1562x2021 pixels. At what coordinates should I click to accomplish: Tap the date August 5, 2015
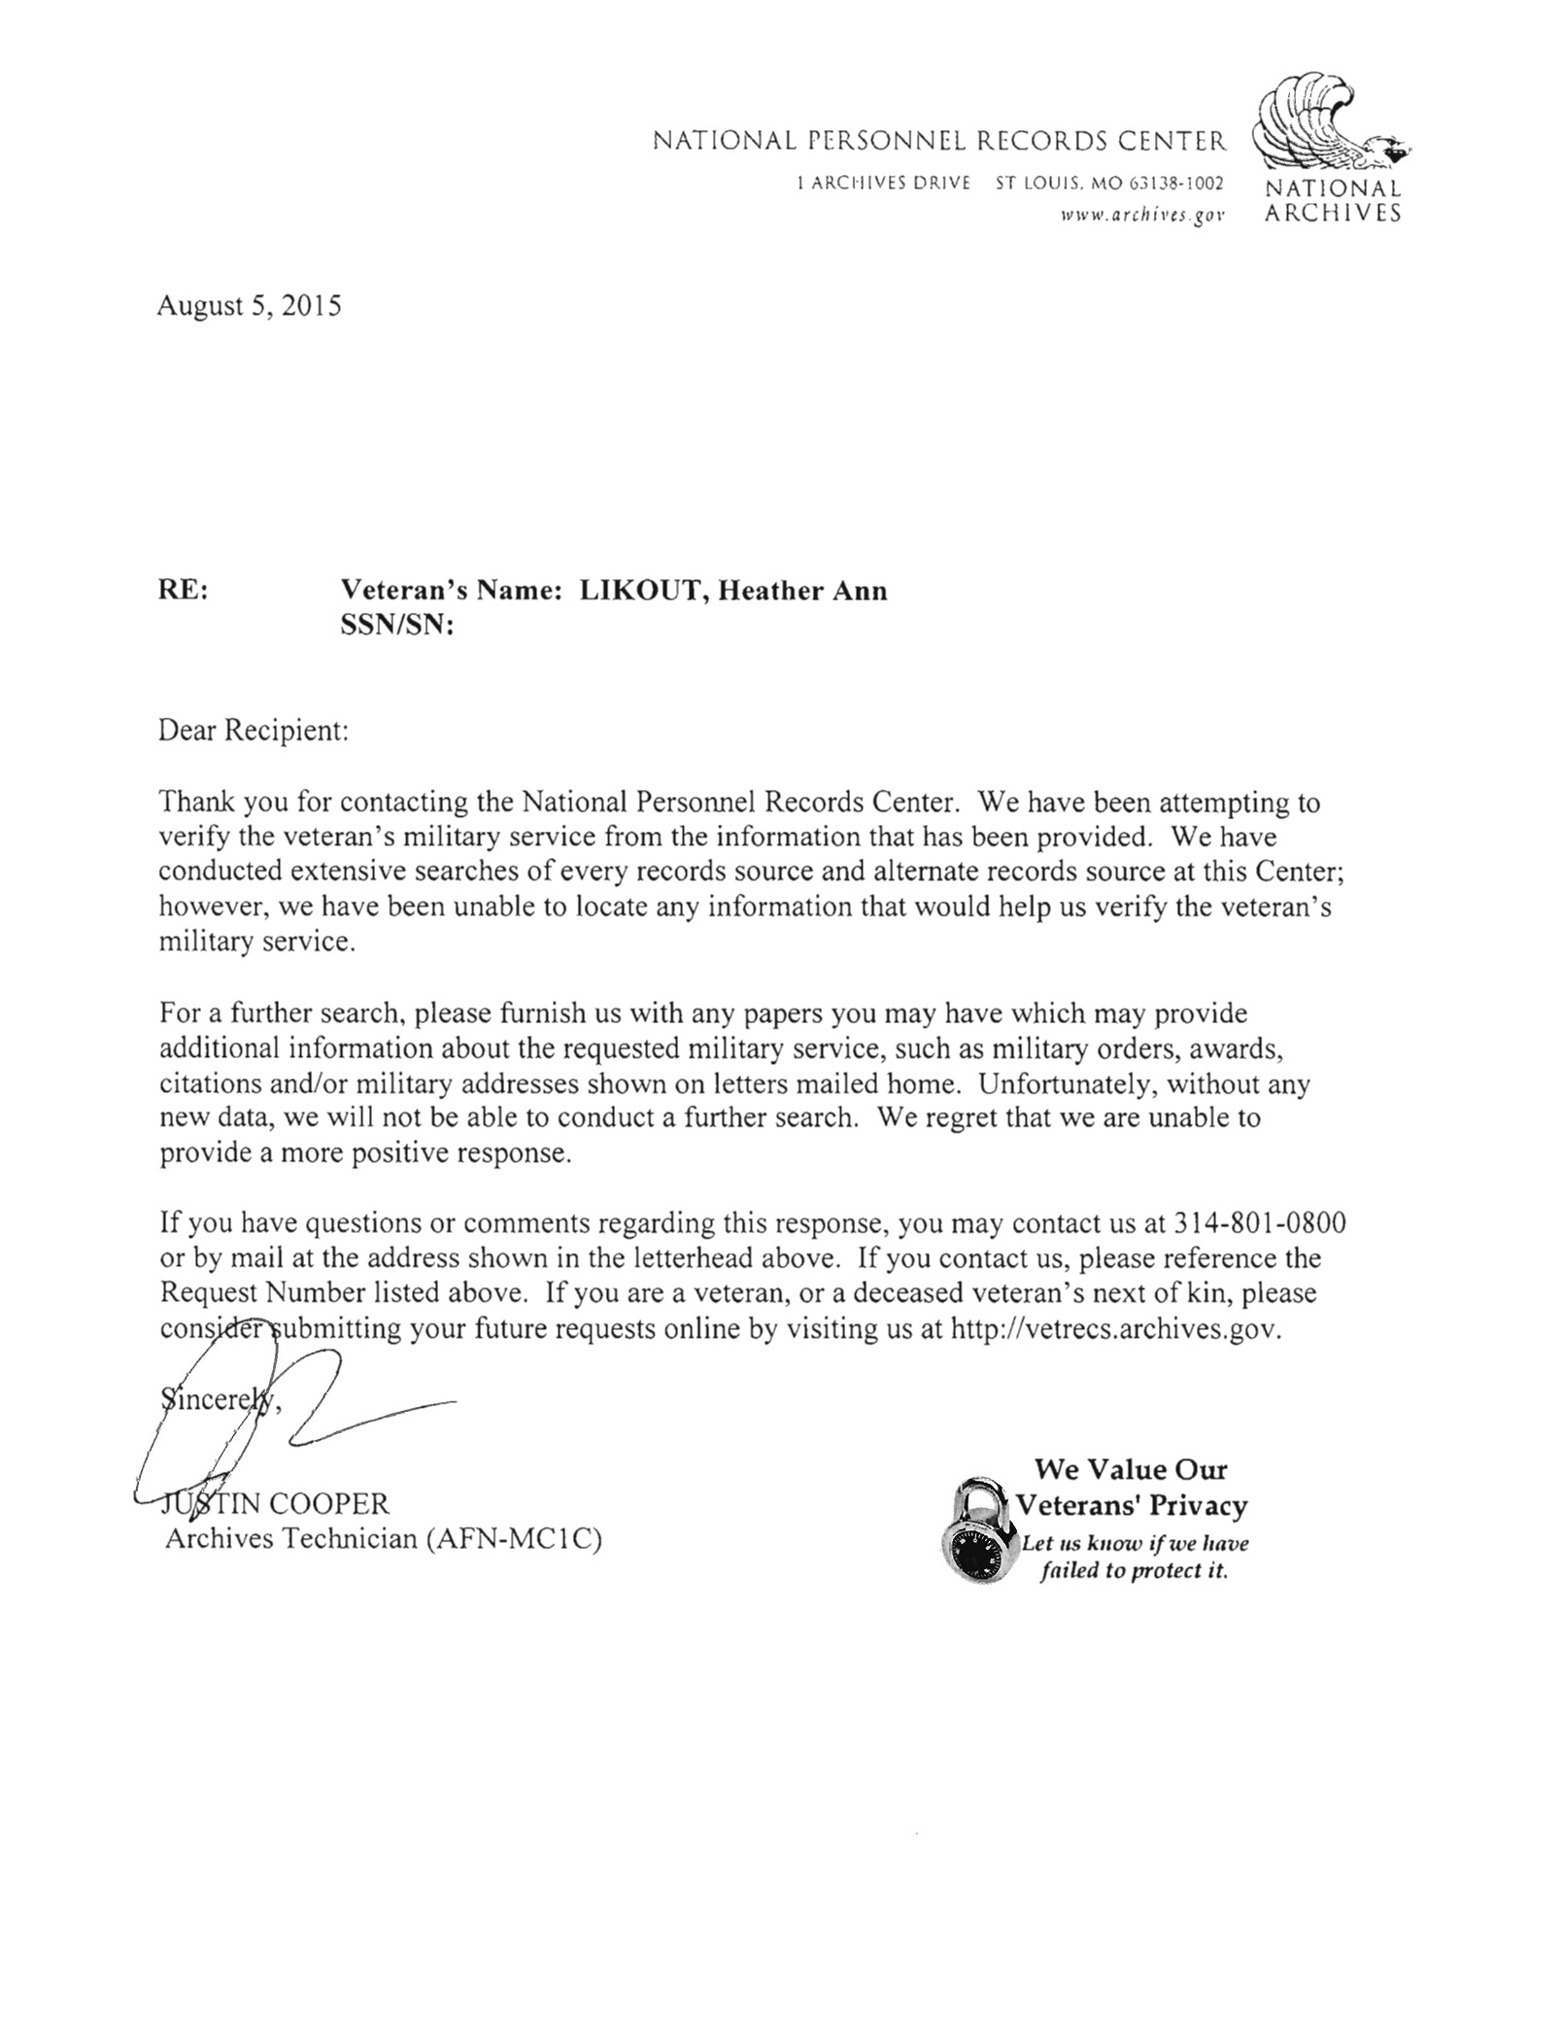click(250, 307)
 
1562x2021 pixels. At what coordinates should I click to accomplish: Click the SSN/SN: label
click(397, 627)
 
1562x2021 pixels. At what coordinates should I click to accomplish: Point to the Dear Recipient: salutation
click(253, 731)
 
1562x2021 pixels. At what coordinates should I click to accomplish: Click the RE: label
click(183, 591)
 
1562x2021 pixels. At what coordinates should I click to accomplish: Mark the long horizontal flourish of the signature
click(379, 1414)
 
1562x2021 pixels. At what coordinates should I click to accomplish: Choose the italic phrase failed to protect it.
click(1134, 1571)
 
